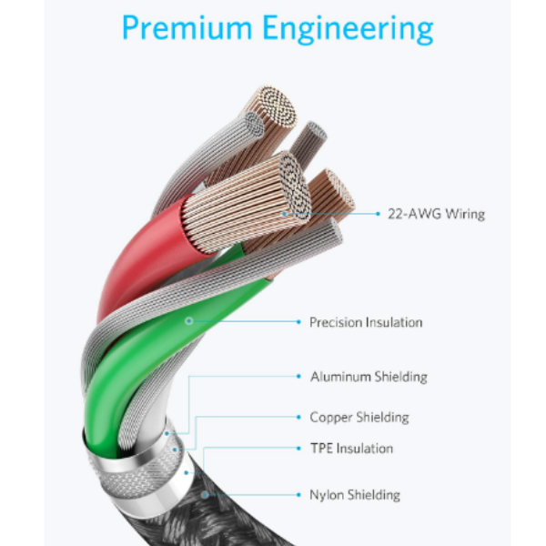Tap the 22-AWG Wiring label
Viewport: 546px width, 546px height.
pos(435,214)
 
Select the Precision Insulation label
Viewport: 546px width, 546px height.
pos(366,322)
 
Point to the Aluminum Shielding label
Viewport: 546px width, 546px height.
pos(369,376)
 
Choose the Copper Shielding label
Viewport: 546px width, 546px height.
pos(359,418)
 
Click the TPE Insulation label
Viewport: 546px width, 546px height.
pos(352,449)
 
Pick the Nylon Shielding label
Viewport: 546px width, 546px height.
pos(355,495)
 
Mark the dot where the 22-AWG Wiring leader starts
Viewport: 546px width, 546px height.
pos(283,214)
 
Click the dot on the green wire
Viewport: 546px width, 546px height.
pos(189,320)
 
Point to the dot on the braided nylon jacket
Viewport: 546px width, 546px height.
pos(207,495)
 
